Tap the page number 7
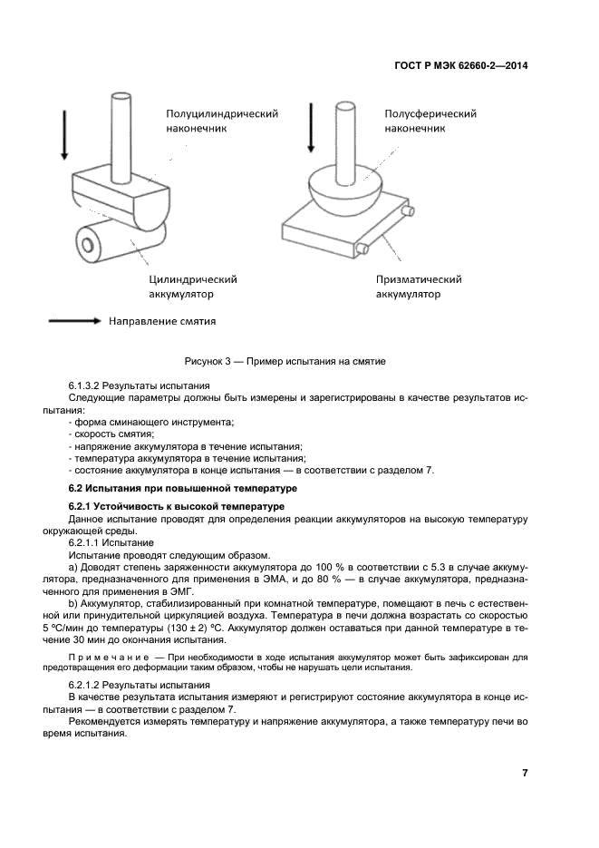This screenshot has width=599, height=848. click(x=525, y=773)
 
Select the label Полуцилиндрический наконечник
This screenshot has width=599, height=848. click(x=221, y=122)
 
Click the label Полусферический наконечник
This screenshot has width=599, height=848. click(x=430, y=122)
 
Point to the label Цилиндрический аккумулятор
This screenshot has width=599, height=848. click(x=192, y=287)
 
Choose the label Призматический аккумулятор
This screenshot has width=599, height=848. click(x=419, y=287)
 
